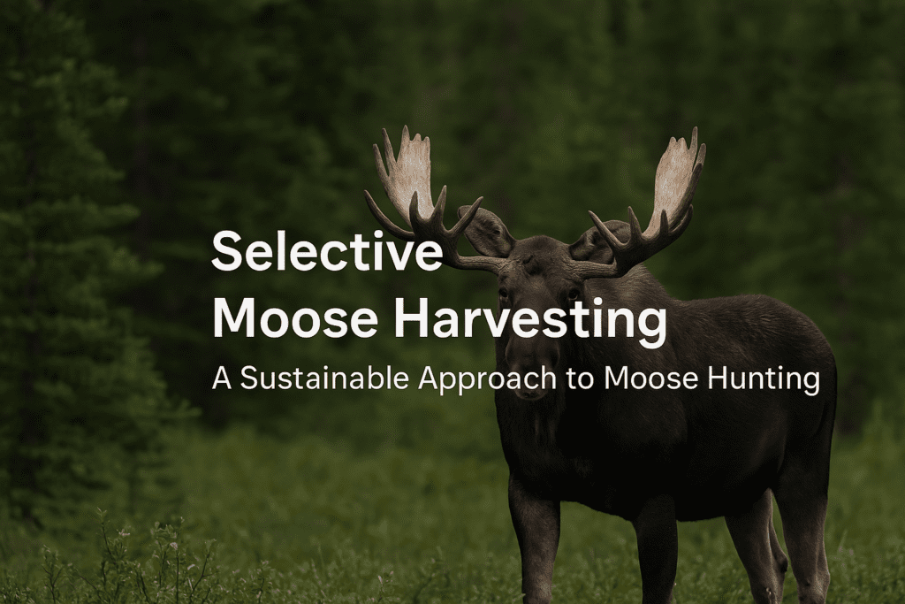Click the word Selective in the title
pyautogui.click(x=326, y=251)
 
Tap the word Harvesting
pyautogui.click(x=529, y=319)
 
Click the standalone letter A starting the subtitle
pyautogui.click(x=221, y=378)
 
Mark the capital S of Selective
pyautogui.click(x=227, y=251)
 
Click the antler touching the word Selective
pyautogui.click(x=415, y=195)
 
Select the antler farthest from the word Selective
pyautogui.click(x=658, y=199)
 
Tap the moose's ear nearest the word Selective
pyautogui.click(x=485, y=232)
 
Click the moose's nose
pyautogui.click(x=530, y=385)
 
